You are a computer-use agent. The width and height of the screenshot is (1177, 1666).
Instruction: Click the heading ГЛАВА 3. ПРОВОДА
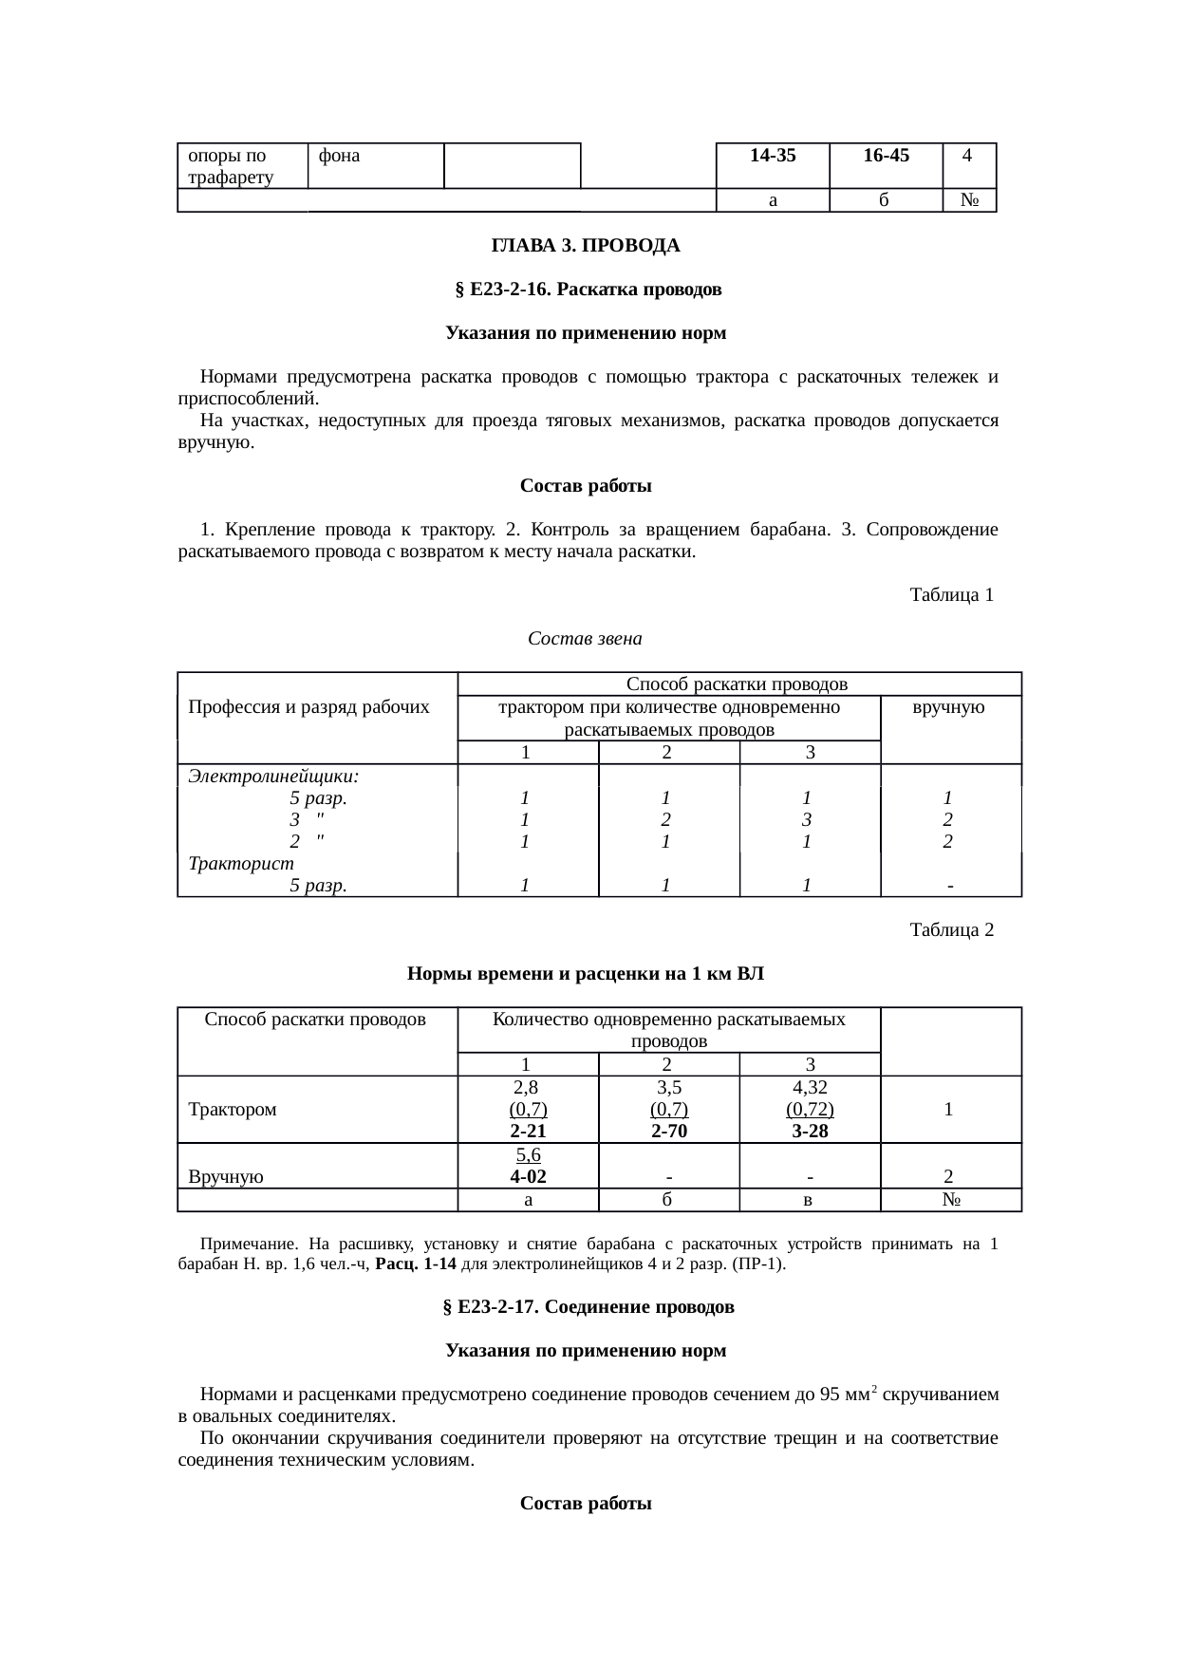tap(585, 246)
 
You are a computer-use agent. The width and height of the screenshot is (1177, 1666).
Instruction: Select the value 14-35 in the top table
tap(772, 156)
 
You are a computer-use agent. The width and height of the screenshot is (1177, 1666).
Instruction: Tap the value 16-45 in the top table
tap(886, 156)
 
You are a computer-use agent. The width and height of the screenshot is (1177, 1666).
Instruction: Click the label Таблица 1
tap(951, 595)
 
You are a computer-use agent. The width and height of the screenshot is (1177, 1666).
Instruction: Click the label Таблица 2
tap(951, 929)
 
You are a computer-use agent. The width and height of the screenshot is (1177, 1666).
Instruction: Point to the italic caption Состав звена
tap(585, 639)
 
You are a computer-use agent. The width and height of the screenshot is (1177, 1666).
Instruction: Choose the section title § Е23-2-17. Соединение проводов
tap(588, 1307)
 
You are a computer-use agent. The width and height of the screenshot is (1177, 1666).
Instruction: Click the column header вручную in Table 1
tap(950, 707)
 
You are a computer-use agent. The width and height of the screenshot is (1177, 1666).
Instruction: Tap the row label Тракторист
tap(241, 864)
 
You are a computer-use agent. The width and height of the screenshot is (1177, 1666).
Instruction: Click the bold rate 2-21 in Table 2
tap(528, 1132)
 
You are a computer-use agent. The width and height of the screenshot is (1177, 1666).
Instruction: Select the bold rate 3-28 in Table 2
tap(810, 1132)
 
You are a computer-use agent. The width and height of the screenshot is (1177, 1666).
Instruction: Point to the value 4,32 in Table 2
tap(810, 1087)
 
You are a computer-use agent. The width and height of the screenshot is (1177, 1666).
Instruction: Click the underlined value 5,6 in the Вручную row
tap(528, 1155)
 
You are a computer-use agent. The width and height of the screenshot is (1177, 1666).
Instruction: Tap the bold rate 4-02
tap(528, 1177)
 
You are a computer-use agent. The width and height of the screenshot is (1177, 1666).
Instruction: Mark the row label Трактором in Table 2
tap(233, 1110)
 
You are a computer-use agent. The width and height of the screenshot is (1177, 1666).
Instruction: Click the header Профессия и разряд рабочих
tap(308, 707)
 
